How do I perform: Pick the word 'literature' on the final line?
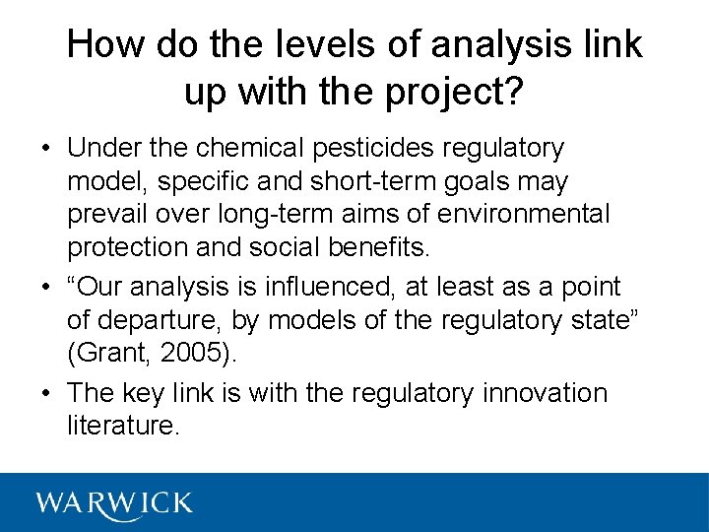pyautogui.click(x=122, y=426)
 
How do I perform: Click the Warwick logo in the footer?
pyautogui.click(x=114, y=502)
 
